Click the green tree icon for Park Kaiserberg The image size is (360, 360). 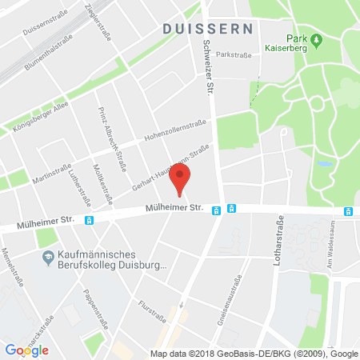click(316, 39)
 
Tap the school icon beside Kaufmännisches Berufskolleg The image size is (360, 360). click(46, 255)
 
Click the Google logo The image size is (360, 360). click(26, 350)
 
